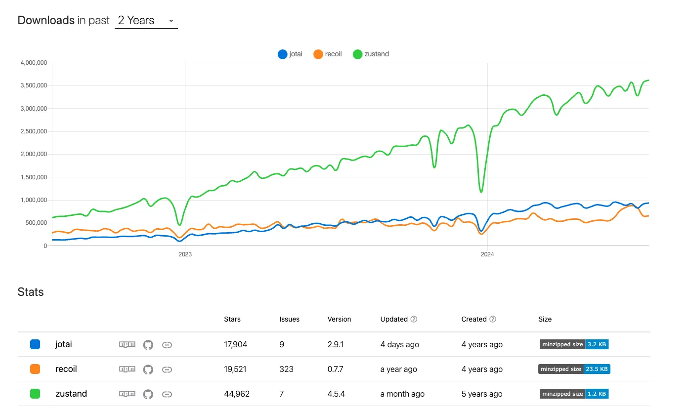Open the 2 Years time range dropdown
146,21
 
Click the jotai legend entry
290,54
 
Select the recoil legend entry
328,54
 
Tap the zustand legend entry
371,54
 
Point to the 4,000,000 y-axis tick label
34,63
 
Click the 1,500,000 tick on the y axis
34,177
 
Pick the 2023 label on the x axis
185,254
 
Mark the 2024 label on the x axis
487,254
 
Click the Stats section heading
31,292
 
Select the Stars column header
232,319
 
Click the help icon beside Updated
414,320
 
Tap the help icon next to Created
493,320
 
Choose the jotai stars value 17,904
236,344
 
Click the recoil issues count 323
286,369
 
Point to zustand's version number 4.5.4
336,394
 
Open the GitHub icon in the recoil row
148,369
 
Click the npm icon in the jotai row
127,344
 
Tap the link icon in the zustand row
167,394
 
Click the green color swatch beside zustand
35,394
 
